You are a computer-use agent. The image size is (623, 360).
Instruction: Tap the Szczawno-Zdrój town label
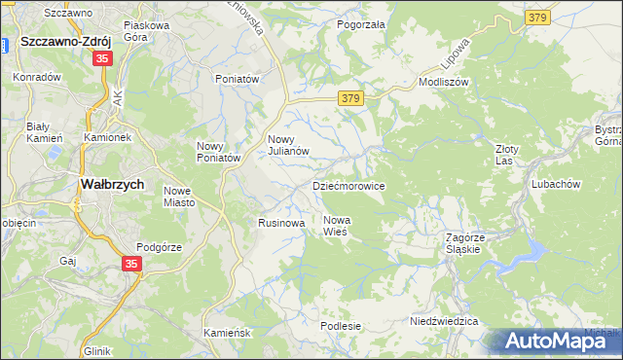coord(65,42)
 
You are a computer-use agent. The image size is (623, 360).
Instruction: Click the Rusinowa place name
coord(281,223)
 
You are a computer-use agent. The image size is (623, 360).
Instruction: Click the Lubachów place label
coord(556,184)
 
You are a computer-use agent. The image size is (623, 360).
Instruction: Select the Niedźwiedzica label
coord(444,320)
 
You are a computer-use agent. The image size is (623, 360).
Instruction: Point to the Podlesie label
coord(341,326)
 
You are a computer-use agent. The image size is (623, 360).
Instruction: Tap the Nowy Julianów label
coord(288,144)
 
